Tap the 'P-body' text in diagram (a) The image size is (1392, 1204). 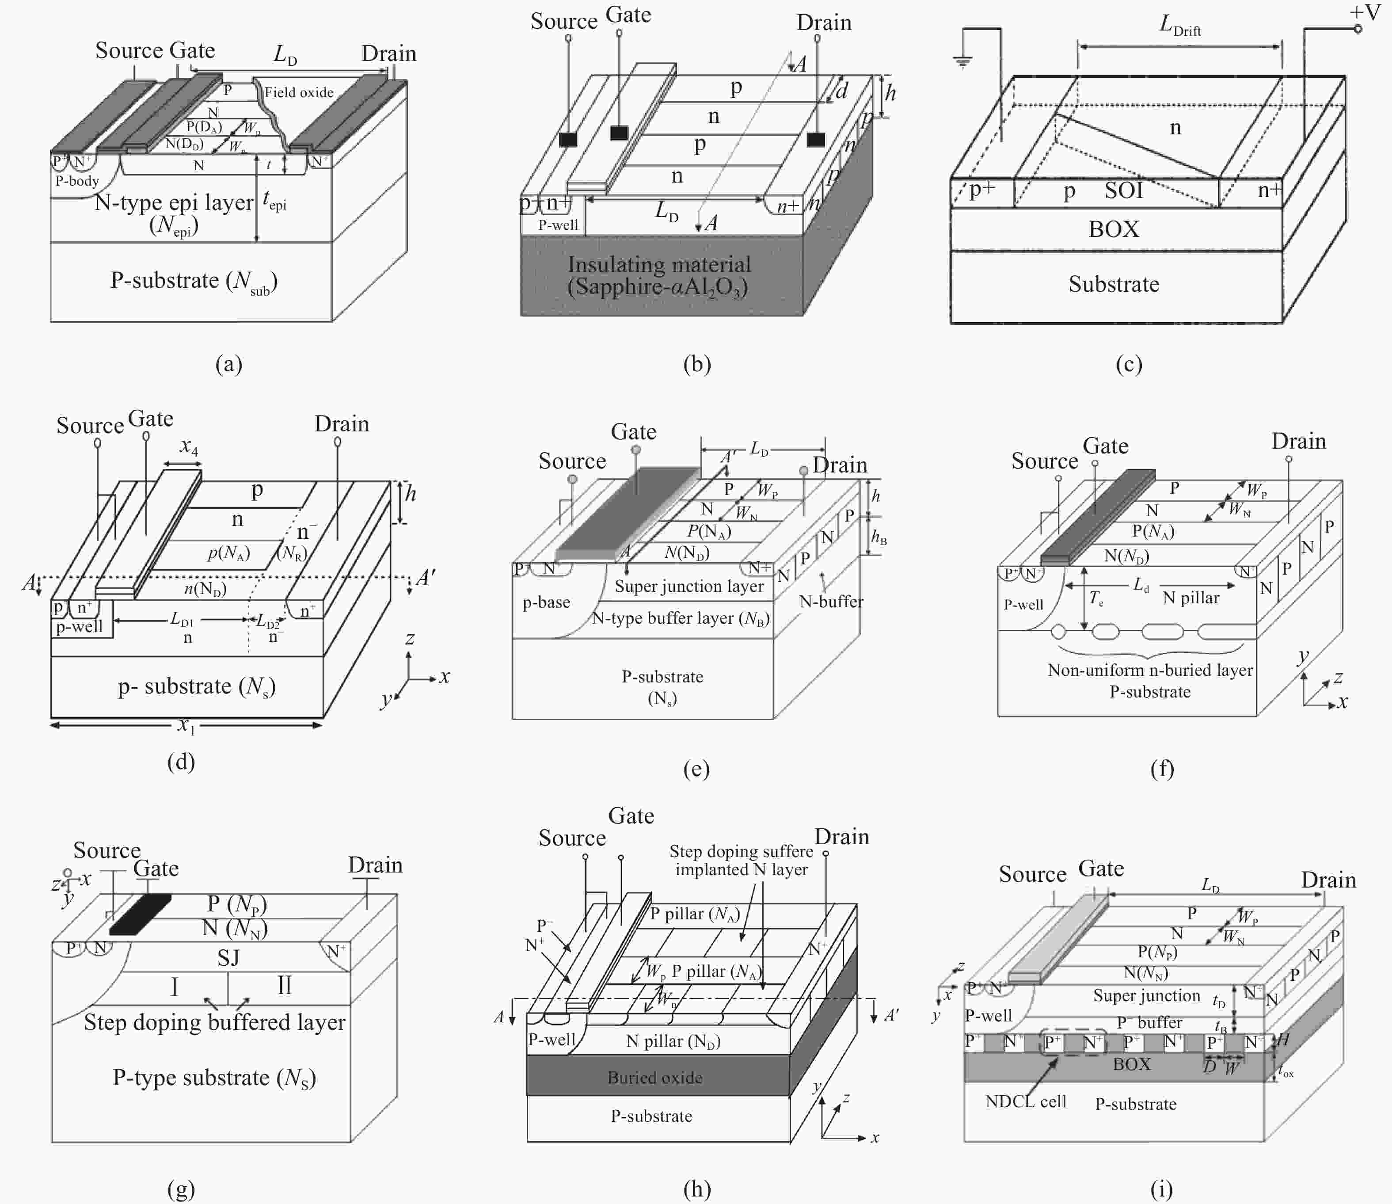tap(76, 181)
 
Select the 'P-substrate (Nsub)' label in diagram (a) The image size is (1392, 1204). tap(194, 281)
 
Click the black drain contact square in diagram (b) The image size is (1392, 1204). tap(816, 139)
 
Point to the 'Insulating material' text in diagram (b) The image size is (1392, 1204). tap(659, 265)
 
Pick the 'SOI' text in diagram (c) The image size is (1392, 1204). tap(1123, 191)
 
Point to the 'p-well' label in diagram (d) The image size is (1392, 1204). tap(79, 627)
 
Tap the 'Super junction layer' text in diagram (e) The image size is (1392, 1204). tap(688, 587)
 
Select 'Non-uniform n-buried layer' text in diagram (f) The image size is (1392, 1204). tap(1149, 670)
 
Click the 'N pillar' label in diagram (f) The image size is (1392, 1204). tap(1190, 598)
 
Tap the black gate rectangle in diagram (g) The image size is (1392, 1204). tap(141, 914)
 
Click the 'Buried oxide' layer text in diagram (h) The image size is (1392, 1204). tap(654, 1078)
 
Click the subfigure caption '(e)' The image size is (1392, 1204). tap(696, 770)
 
